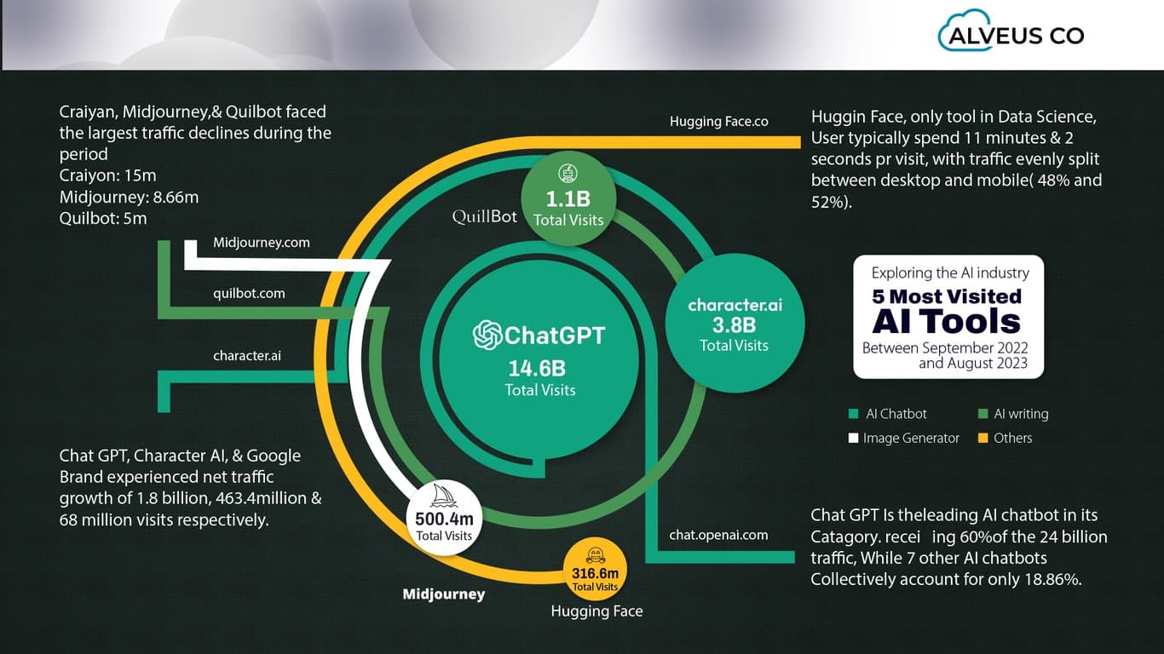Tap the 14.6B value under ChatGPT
(x=538, y=368)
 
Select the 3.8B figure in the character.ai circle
(x=734, y=324)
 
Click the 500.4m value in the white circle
(x=443, y=519)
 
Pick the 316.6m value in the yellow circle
(x=595, y=573)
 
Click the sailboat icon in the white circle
(x=443, y=496)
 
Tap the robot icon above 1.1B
(x=568, y=174)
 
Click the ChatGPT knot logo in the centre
(x=488, y=335)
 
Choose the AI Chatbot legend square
(x=854, y=414)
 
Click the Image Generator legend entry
(x=904, y=438)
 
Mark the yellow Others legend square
(x=982, y=438)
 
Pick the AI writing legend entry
(x=1013, y=414)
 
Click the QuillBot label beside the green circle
(x=485, y=217)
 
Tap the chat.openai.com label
(x=718, y=535)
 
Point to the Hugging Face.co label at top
(x=719, y=122)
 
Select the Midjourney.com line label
(x=262, y=243)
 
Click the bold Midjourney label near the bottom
(x=443, y=594)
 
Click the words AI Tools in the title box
(x=946, y=322)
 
